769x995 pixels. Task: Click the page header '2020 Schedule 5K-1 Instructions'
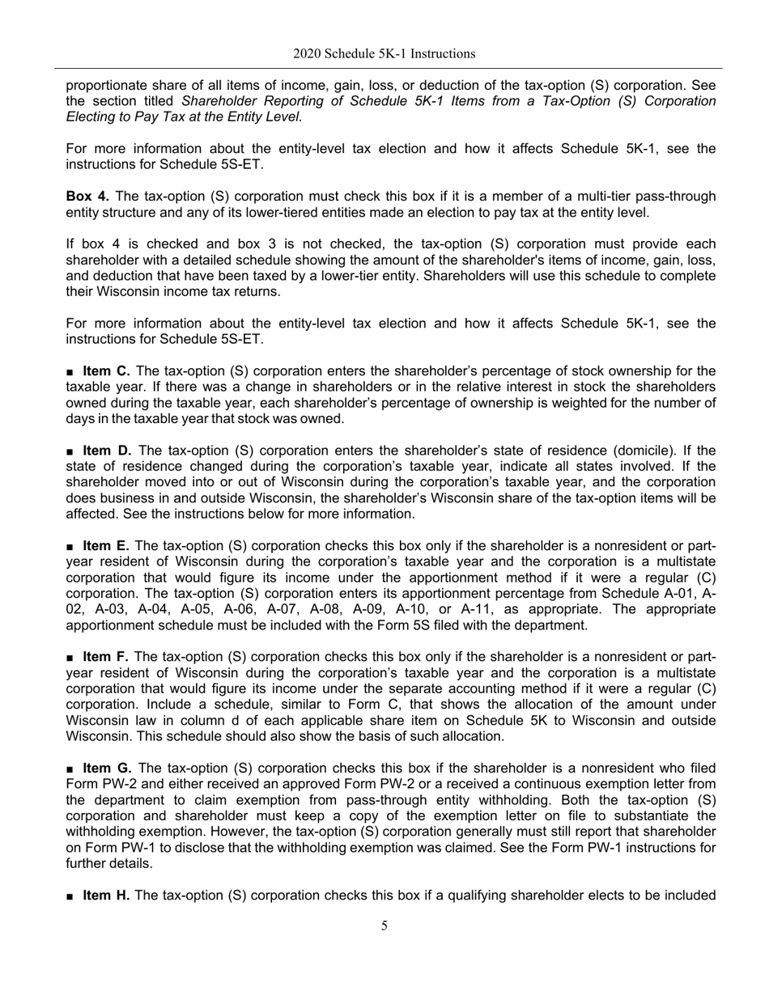[x=384, y=54]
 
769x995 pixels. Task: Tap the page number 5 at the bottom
[x=384, y=926]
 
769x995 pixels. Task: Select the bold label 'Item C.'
[x=106, y=371]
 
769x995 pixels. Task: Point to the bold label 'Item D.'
[x=106, y=451]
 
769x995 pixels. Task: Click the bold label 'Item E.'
[x=106, y=546]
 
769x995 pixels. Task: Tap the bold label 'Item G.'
[x=107, y=768]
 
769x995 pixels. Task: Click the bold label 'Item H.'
[x=106, y=895]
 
